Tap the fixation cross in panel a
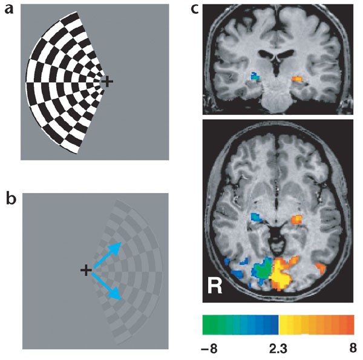point(107,80)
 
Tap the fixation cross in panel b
point(86,270)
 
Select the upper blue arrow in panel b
point(107,255)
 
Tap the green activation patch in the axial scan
point(262,270)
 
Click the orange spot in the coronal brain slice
point(298,79)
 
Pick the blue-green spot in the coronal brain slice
point(255,77)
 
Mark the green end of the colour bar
point(209,324)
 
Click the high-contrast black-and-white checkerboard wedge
point(60,82)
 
